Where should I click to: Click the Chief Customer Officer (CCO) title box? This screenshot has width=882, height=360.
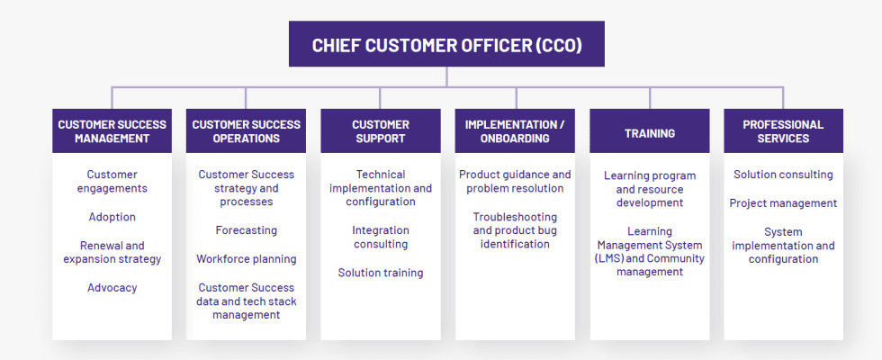pos(446,44)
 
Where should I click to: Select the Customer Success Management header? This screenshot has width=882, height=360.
pos(112,131)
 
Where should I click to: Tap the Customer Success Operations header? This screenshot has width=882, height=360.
pos(246,131)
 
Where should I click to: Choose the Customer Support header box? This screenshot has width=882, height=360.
pos(380,131)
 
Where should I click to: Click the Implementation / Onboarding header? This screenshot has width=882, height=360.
pos(515,131)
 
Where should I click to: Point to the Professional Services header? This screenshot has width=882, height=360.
pos(783,131)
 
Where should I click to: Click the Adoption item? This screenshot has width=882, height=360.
pos(112,217)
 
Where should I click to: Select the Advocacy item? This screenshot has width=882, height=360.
pos(112,288)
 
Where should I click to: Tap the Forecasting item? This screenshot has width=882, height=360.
pos(246,230)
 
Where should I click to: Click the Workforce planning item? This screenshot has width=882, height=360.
pos(246,259)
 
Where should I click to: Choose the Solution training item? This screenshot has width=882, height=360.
pos(380,273)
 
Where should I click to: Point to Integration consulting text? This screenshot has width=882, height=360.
pos(380,238)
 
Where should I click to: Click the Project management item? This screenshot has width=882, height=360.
pos(783,203)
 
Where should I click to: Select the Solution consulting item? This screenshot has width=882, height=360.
pos(783,175)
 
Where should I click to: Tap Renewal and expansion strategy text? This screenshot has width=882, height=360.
pos(112,252)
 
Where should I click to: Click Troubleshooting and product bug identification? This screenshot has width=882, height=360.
pos(515,230)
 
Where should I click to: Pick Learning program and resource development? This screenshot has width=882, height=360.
pos(649,189)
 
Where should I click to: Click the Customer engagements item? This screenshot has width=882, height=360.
pos(112,182)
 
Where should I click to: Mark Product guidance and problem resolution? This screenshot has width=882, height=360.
pos(515,182)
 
